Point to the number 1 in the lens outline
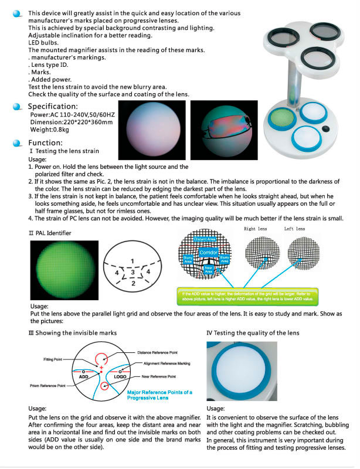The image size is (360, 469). pyautogui.click(x=133, y=260)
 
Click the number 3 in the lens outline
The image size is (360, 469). pyautogui.click(x=133, y=273)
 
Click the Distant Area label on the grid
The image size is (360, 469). pyautogui.click(x=205, y=239)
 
